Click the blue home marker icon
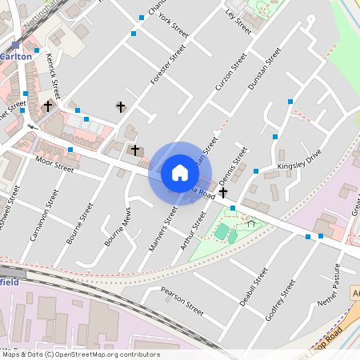click(x=180, y=173)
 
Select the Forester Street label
click(x=168, y=65)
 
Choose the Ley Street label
click(x=238, y=22)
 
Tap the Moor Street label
click(x=54, y=165)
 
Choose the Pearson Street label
click(x=182, y=299)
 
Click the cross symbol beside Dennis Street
click(x=223, y=193)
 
